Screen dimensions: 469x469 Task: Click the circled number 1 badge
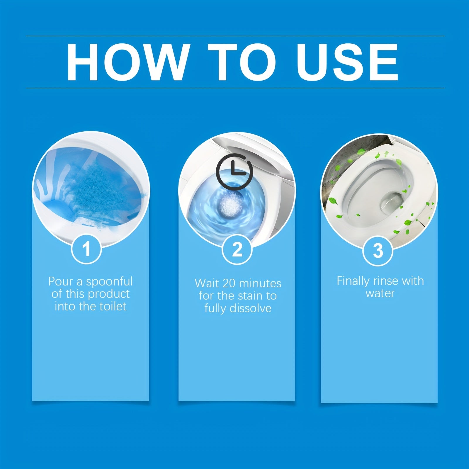(86, 249)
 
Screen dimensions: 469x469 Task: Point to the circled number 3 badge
(378, 251)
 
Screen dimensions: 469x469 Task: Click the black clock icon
(234, 171)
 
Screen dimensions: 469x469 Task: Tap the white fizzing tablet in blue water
(230, 204)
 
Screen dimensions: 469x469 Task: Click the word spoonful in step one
(109, 282)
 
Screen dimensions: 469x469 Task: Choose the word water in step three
(380, 293)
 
